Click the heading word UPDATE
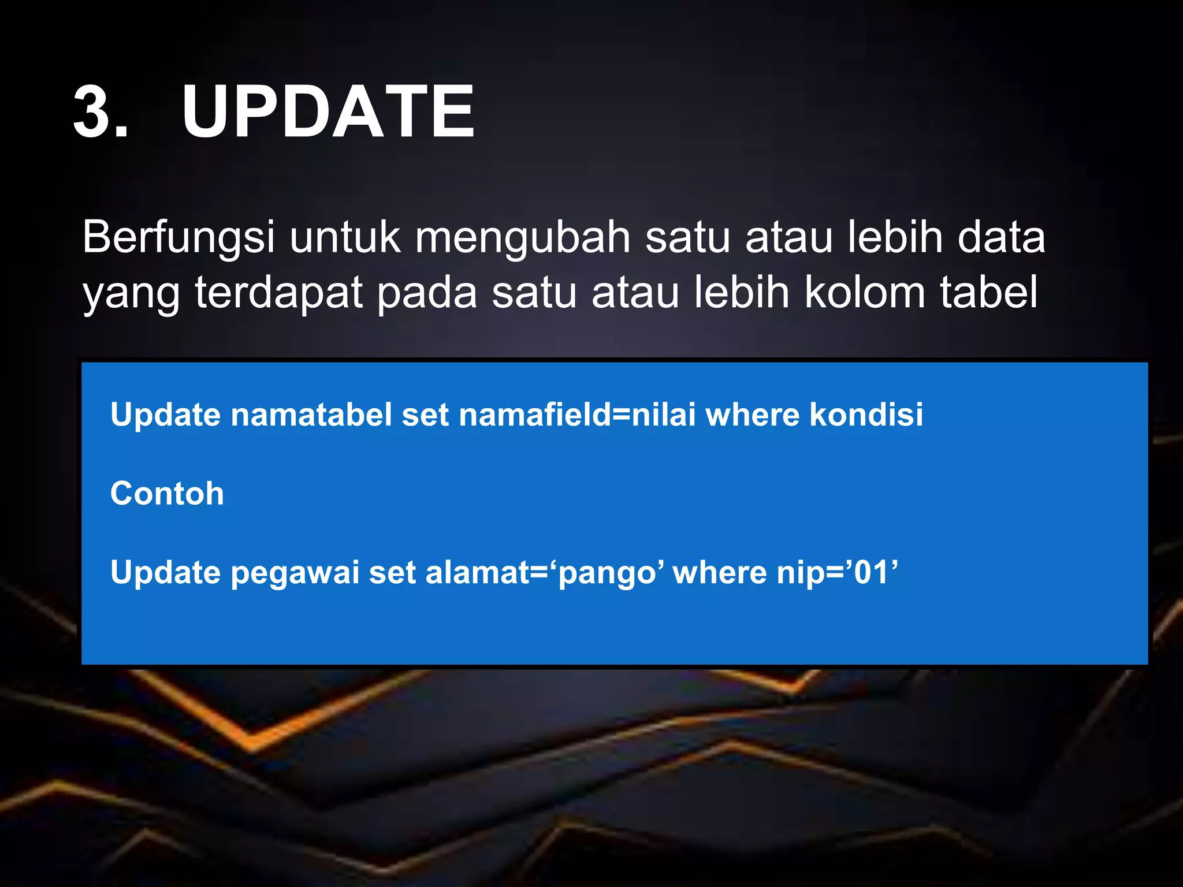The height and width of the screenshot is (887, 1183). click(x=328, y=112)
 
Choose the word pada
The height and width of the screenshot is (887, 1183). click(x=427, y=293)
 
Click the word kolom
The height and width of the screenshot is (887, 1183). click(x=865, y=293)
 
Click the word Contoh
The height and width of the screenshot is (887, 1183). click(x=167, y=494)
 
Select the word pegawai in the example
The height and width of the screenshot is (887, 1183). click(x=295, y=573)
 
